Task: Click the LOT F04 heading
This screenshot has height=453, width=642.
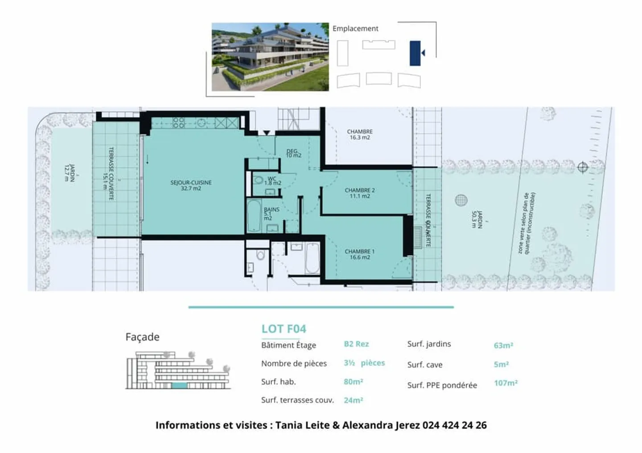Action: click(x=284, y=329)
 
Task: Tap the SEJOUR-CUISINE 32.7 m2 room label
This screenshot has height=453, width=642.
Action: click(x=191, y=185)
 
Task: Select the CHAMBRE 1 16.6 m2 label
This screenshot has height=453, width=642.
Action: click(x=359, y=254)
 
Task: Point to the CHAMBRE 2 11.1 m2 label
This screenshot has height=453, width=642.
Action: click(x=359, y=193)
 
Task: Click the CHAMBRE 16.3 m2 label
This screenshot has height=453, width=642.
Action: click(x=359, y=134)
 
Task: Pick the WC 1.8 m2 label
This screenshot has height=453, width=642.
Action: click(x=272, y=181)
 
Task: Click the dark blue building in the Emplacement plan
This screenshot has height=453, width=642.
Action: click(x=415, y=53)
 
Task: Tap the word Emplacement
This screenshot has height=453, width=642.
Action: click(x=355, y=29)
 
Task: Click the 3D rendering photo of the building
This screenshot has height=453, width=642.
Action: click(x=270, y=57)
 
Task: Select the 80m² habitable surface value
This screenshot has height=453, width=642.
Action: click(x=353, y=382)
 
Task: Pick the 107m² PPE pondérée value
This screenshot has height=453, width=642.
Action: click(x=506, y=383)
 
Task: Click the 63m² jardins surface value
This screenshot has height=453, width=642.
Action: click(x=503, y=345)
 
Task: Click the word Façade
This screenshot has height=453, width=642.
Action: click(x=142, y=337)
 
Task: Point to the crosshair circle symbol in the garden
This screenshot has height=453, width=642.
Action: click(x=582, y=167)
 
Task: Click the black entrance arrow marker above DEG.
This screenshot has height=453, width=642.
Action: click(x=266, y=133)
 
